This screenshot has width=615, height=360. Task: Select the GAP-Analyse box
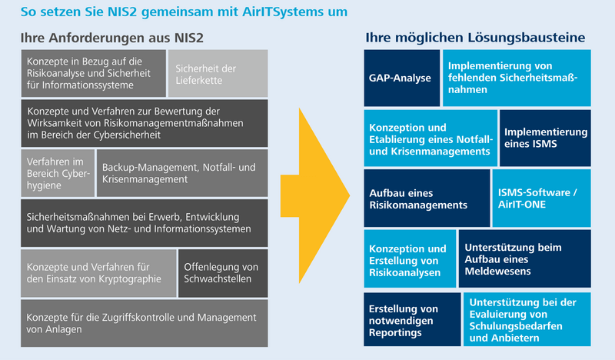pos(401,78)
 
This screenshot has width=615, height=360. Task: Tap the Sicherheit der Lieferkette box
pos(218,73)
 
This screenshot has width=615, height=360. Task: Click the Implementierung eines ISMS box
pos(545,138)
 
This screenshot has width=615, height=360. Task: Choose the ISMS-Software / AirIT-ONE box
pos(542,198)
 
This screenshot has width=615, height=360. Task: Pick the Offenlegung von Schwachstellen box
pos(223,273)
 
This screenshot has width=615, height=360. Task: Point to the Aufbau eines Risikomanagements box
pos(427,198)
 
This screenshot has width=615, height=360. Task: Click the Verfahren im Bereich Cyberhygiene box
pos(58,173)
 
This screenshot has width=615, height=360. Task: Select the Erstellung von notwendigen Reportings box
pos(412,319)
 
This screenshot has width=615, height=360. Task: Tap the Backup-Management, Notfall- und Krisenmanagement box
pos(182,173)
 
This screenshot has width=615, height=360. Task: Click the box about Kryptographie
pos(98,273)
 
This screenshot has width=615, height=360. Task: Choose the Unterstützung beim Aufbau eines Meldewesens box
pos(525,258)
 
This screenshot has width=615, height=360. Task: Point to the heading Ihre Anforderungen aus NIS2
pos(112,38)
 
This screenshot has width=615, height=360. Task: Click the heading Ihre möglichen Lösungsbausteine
pos(475,38)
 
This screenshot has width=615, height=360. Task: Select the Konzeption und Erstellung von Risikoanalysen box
pos(410,258)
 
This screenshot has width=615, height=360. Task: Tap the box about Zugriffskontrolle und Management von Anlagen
pos(145,323)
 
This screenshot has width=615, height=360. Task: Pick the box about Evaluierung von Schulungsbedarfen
pos(527,319)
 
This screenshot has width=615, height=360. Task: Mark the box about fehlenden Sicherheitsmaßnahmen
pos(517,78)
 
